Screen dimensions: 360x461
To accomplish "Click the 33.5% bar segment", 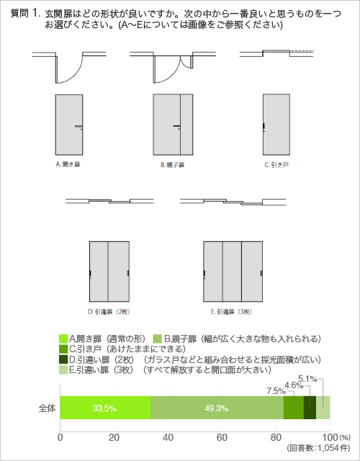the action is pyautogui.click(x=105, y=408).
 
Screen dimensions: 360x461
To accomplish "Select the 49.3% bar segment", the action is pyautogui.click(x=217, y=408).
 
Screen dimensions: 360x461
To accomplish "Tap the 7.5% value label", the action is pyautogui.click(x=276, y=391).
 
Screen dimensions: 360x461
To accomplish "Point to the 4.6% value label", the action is pyautogui.click(x=294, y=385).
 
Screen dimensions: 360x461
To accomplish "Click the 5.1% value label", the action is pyautogui.click(x=307, y=379).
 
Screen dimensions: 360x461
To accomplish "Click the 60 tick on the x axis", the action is pyautogui.click(x=222, y=437).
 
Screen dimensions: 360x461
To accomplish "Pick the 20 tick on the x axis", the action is pyautogui.click(x=114, y=437).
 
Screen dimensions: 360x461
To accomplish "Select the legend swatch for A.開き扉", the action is pyautogui.click(x=63, y=339).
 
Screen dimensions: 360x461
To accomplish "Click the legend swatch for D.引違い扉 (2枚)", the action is pyautogui.click(x=63, y=359).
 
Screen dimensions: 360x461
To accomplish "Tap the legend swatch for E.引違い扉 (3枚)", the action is pyautogui.click(x=63, y=370).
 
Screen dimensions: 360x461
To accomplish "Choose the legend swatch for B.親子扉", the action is pyautogui.click(x=158, y=339).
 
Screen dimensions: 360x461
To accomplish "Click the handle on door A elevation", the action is pyautogui.click(x=78, y=127).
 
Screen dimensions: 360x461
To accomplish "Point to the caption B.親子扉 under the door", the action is pyautogui.click(x=173, y=165).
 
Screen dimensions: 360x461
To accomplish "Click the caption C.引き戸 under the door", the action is pyautogui.click(x=276, y=165).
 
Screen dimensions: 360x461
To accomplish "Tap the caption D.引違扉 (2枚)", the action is pyautogui.click(x=109, y=312).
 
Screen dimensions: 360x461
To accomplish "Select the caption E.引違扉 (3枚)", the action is pyautogui.click(x=231, y=312).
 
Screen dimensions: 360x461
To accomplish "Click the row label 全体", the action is pyautogui.click(x=47, y=408).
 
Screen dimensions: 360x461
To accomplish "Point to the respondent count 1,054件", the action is pyautogui.click(x=334, y=448).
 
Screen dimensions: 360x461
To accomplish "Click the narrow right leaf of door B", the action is pyautogui.click(x=186, y=125).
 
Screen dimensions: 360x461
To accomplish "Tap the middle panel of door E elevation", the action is pyautogui.click(x=232, y=272).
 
